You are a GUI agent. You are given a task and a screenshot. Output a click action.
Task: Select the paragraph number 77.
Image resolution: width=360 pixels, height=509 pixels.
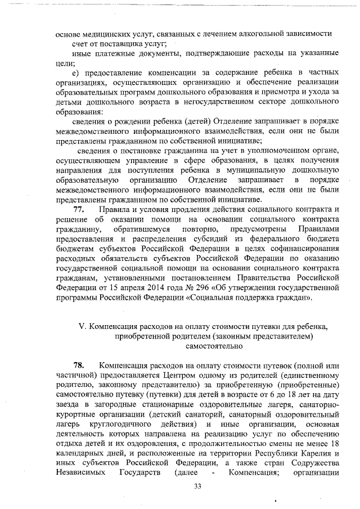(x=82, y=210)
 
